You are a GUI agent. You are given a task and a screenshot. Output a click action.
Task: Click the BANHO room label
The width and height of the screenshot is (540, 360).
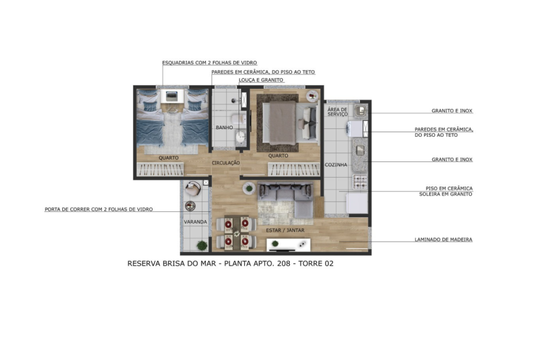click(224, 127)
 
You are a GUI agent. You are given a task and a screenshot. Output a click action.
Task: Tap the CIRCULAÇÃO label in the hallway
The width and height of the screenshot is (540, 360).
click(226, 163)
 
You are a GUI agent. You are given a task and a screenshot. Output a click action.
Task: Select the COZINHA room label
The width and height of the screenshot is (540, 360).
click(336, 164)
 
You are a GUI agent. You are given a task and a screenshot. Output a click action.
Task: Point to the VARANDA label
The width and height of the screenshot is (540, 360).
click(195, 222)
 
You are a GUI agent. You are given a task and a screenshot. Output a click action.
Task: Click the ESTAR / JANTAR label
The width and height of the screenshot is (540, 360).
click(285, 230)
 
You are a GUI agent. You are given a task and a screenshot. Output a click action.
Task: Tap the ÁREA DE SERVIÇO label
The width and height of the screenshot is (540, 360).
click(337, 112)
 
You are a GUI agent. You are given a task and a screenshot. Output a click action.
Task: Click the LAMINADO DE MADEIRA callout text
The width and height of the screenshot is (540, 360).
click(443, 239)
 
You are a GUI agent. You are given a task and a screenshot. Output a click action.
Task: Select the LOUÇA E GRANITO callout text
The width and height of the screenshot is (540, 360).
click(261, 80)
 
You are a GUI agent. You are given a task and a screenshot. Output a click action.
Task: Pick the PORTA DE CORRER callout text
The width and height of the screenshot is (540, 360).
click(98, 209)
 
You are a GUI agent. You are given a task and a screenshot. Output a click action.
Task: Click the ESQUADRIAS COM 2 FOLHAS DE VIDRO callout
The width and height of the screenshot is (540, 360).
click(209, 62)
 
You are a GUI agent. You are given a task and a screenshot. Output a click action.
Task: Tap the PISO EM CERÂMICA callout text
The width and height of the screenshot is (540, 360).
click(449, 188)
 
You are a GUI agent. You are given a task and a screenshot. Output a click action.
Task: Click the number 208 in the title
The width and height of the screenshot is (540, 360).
click(283, 263)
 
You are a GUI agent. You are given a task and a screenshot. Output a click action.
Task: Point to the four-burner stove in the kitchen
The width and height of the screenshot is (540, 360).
click(360, 182)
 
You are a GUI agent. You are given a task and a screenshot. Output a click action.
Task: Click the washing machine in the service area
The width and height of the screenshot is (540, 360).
click(355, 128)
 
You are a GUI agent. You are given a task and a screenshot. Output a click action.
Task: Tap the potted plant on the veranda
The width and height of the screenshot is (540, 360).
click(202, 245)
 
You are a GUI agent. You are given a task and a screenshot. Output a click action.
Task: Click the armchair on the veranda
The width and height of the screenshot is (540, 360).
click(193, 188)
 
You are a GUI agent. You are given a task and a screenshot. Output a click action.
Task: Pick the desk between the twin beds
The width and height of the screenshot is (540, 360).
click(172, 95)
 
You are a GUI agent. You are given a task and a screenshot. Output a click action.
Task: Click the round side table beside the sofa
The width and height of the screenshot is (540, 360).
click(248, 188)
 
